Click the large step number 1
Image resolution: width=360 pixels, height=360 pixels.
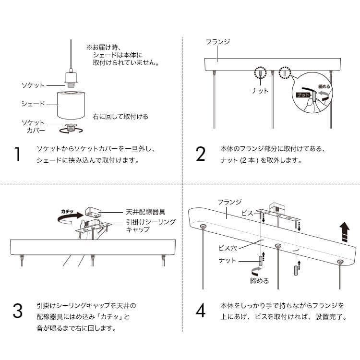click(18, 155)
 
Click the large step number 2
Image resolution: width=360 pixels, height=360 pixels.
click(201, 155)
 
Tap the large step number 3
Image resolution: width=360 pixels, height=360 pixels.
click(18, 311)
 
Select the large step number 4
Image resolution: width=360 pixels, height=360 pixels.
click(201, 311)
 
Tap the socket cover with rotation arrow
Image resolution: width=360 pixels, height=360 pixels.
click(71, 128)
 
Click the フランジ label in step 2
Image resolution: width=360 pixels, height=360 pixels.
click(218, 42)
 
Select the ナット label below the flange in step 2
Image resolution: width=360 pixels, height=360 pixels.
click(260, 90)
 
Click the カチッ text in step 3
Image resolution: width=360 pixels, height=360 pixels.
click(67, 211)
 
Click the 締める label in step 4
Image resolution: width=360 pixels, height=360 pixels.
click(259, 281)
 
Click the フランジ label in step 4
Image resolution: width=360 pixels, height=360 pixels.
click(229, 202)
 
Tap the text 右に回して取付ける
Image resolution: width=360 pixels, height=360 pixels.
click(120, 116)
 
